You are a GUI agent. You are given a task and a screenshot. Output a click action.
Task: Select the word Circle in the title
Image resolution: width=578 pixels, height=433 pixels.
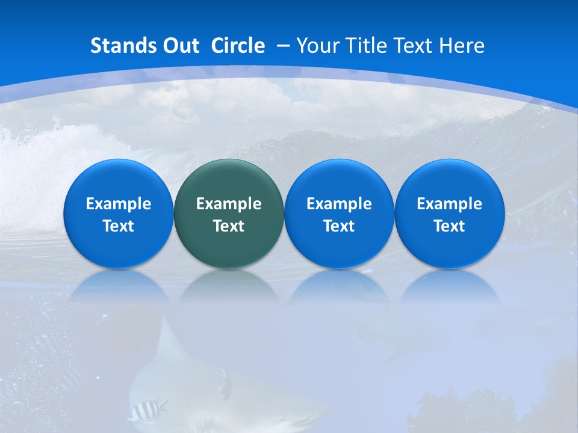[x=238, y=46]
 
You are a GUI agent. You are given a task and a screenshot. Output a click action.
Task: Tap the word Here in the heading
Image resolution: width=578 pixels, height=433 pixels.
[x=462, y=46]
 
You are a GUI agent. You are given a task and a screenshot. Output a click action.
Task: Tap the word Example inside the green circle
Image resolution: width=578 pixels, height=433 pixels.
[x=229, y=204]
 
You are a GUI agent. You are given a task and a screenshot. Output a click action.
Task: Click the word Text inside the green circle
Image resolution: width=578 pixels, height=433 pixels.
[x=229, y=226]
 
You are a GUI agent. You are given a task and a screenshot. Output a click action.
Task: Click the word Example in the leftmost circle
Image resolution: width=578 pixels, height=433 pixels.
[x=118, y=204]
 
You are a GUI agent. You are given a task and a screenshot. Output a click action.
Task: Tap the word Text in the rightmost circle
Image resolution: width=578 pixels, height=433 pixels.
[x=450, y=226]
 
